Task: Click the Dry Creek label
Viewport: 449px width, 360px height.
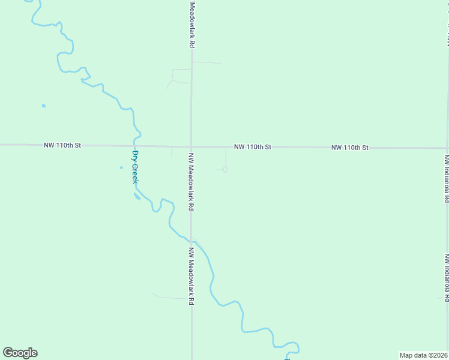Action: tap(135, 167)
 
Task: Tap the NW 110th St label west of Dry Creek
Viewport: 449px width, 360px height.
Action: tap(62, 145)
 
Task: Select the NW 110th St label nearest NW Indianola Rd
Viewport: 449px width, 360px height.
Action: tap(349, 147)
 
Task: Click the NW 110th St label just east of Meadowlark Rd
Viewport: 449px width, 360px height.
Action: tap(253, 146)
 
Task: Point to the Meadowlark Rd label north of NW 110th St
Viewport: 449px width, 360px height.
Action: tap(193, 25)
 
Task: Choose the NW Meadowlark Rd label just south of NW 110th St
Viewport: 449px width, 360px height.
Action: tap(191, 181)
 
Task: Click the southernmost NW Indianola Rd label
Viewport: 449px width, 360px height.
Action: tap(447, 277)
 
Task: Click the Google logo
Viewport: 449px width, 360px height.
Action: tap(20, 353)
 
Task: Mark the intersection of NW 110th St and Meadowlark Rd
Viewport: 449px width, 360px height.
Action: tap(191, 146)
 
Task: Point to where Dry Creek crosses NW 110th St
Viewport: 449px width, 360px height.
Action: tap(135, 146)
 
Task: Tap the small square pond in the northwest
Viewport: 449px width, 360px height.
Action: tap(43, 106)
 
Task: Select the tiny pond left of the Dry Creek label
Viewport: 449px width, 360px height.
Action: tap(121, 167)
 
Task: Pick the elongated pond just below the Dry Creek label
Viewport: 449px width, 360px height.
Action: tap(137, 196)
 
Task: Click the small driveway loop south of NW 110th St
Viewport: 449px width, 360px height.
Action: tap(224, 169)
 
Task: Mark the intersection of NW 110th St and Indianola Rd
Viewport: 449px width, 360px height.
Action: tap(447, 148)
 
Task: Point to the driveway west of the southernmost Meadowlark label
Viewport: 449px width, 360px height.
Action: tap(170, 297)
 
